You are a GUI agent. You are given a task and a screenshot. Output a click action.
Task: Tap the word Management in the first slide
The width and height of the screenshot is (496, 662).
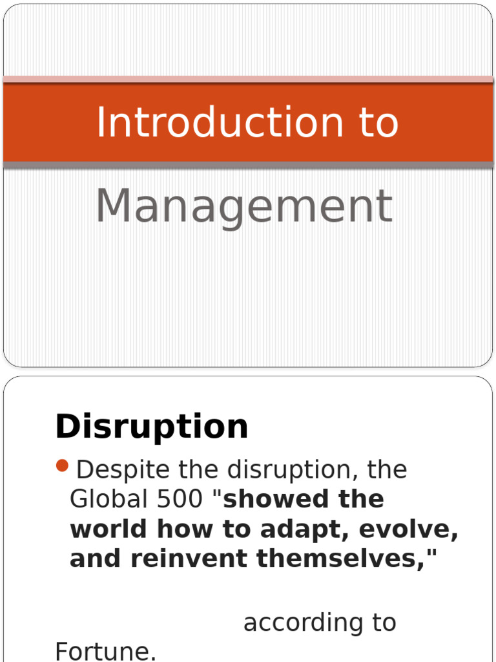click(243, 206)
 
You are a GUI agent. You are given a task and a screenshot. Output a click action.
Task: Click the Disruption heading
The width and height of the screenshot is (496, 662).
click(152, 427)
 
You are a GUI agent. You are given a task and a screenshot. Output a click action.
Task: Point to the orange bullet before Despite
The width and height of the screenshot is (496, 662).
click(63, 465)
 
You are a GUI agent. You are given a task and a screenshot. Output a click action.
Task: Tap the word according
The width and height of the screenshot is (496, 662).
click(298, 623)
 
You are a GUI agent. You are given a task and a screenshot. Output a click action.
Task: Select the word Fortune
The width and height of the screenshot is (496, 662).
click(106, 652)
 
